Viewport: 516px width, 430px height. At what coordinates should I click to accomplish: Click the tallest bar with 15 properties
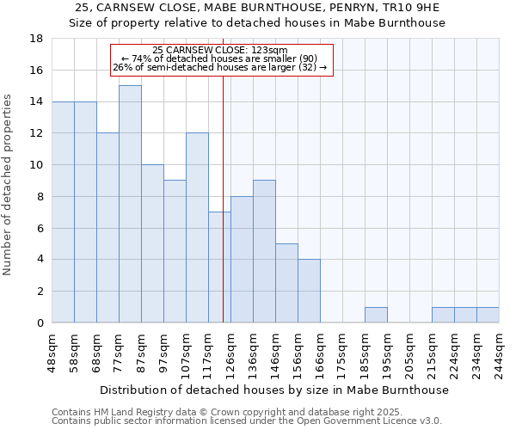[x=130, y=204]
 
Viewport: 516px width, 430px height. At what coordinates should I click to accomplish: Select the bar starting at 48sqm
[x=63, y=212]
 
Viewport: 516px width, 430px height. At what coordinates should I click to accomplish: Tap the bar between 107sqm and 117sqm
[x=197, y=228]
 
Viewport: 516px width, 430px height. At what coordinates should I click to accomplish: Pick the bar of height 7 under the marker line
[x=219, y=267]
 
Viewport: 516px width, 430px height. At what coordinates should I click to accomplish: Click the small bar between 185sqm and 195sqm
[x=376, y=315]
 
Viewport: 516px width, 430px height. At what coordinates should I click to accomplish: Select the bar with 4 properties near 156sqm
[x=309, y=291]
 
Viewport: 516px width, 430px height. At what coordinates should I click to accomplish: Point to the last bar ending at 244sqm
[x=488, y=315]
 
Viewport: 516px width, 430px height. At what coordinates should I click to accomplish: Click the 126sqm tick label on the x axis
[x=230, y=351]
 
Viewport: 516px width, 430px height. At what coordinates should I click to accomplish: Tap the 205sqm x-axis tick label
[x=409, y=351]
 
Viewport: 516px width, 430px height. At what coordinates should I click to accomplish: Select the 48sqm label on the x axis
[x=52, y=351]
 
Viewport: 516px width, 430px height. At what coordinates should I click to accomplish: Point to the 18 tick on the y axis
[x=36, y=39]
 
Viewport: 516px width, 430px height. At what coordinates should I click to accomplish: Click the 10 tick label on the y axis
[x=36, y=165]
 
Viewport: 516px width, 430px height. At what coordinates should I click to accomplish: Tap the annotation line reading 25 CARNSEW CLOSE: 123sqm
[x=220, y=50]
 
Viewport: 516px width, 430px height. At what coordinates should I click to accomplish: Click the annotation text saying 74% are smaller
[x=220, y=58]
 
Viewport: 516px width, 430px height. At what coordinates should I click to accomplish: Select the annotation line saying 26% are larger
[x=220, y=67]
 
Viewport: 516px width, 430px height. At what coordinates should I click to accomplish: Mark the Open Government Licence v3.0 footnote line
[x=247, y=421]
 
